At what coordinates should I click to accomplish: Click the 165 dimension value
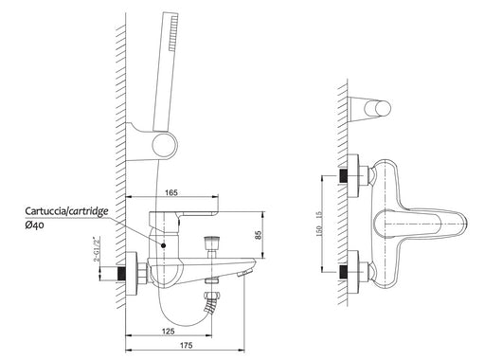pyautogui.click(x=170, y=192)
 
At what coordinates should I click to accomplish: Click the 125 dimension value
pyautogui.click(x=169, y=332)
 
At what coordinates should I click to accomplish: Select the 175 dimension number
pyautogui.click(x=186, y=345)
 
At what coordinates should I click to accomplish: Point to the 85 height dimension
pyautogui.click(x=260, y=235)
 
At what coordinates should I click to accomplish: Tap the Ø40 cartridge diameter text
pyautogui.click(x=35, y=225)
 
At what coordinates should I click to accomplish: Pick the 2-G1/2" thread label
pyautogui.click(x=96, y=249)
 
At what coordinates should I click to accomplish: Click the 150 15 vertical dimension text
pyautogui.click(x=319, y=224)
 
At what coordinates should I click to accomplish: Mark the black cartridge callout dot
pyautogui.click(x=164, y=245)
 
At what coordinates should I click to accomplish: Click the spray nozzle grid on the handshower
pyautogui.click(x=173, y=32)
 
